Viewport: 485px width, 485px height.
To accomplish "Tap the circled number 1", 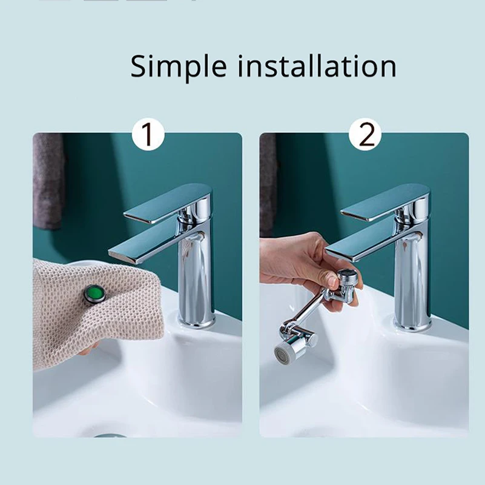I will (x=147, y=135).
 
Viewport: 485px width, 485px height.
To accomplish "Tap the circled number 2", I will (x=366, y=135).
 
